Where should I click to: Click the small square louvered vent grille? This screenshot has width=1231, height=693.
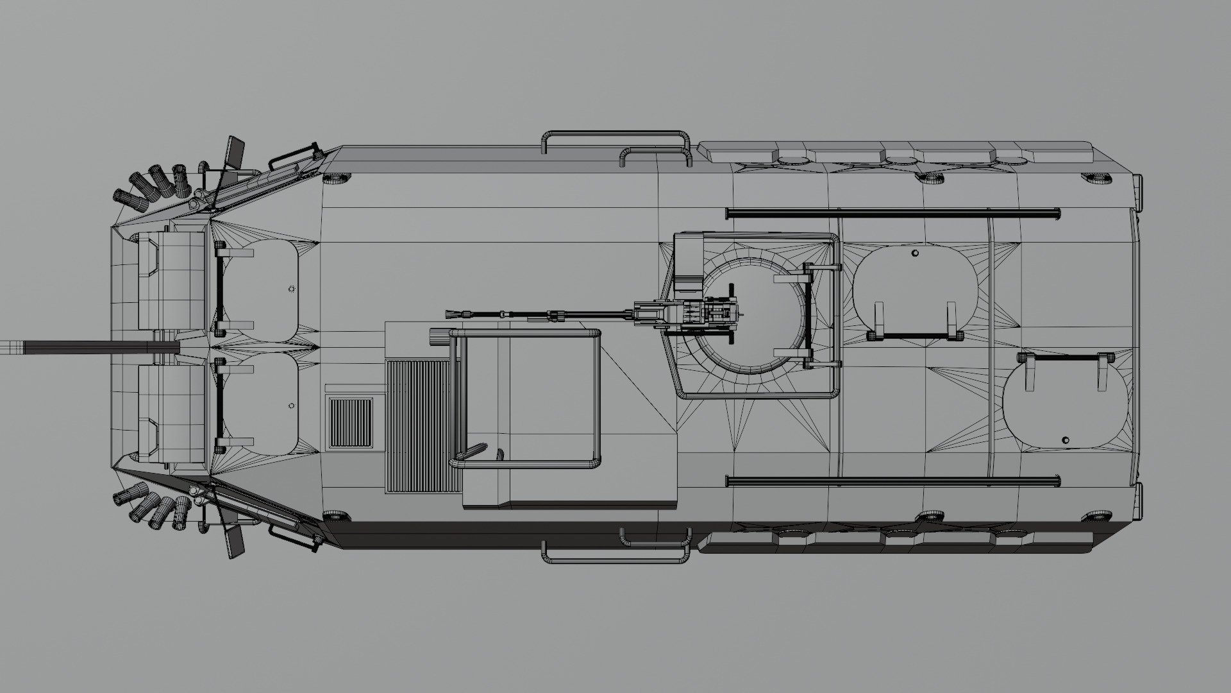(x=350, y=422)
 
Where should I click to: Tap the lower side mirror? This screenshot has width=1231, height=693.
(x=235, y=542)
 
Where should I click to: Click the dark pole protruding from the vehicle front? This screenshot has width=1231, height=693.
(x=96, y=347)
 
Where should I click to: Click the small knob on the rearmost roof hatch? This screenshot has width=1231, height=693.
(x=1065, y=440)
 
